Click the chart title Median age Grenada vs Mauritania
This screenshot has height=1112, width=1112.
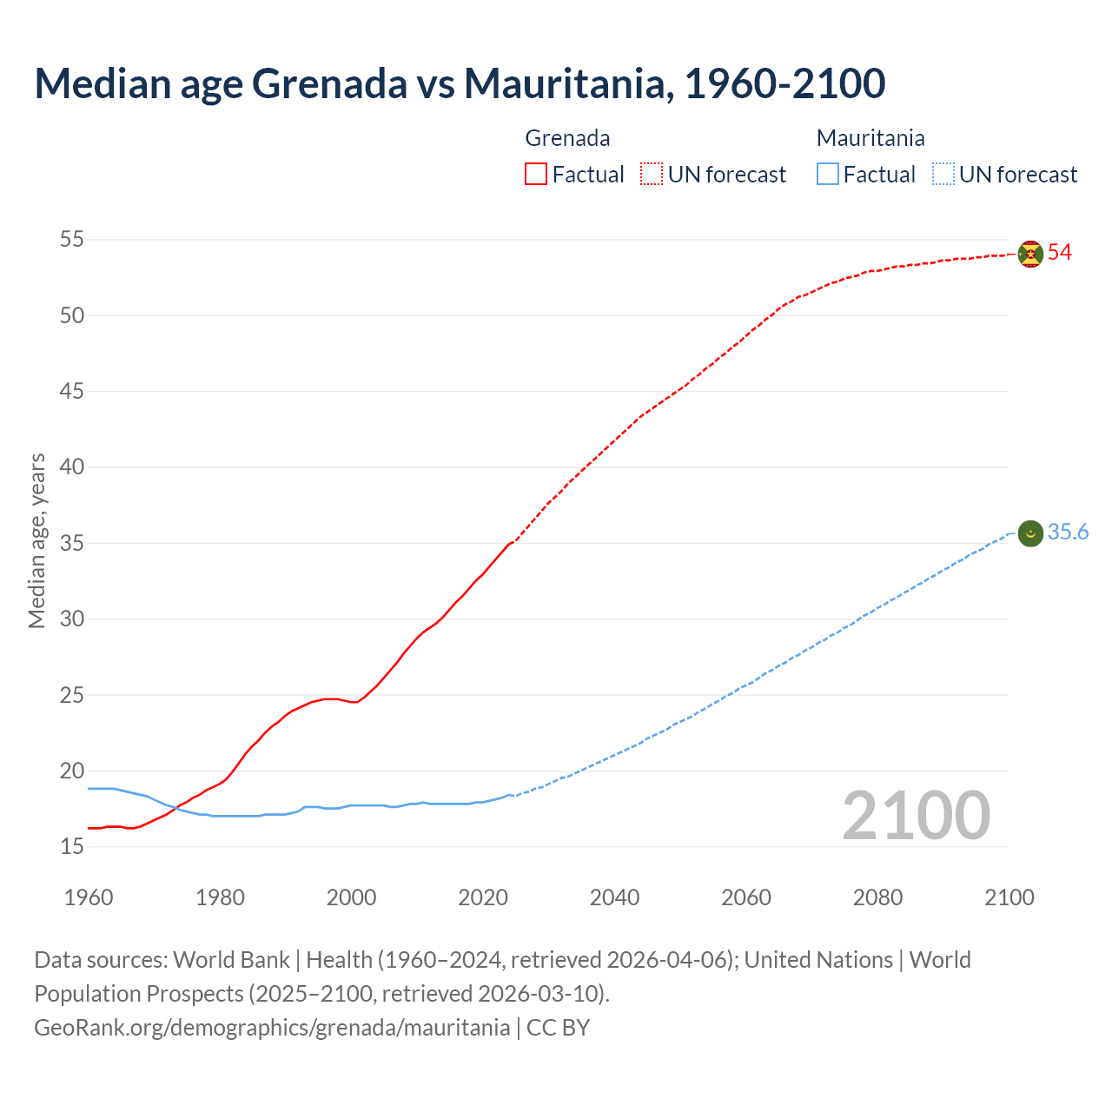pyautogui.click(x=460, y=83)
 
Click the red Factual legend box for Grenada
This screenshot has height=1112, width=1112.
pyautogui.click(x=536, y=174)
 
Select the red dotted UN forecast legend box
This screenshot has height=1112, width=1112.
pyautogui.click(x=652, y=174)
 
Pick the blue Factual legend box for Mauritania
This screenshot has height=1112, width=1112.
pyautogui.click(x=828, y=174)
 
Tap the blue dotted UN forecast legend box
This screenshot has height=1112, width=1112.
pyautogui.click(x=943, y=174)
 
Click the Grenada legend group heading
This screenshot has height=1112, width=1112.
pyautogui.click(x=567, y=138)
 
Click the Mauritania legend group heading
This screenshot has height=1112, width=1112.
pyautogui.click(x=870, y=138)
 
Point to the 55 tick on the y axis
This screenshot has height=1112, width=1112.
pyautogui.click(x=72, y=239)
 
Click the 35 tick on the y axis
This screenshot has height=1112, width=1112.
pyautogui.click(x=72, y=543)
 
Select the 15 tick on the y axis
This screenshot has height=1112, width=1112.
pyautogui.click(x=72, y=846)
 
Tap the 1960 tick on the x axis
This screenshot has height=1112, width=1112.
pyautogui.click(x=89, y=897)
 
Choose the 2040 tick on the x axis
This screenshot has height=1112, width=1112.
pyautogui.click(x=614, y=897)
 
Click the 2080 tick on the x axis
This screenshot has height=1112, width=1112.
pyautogui.click(x=877, y=897)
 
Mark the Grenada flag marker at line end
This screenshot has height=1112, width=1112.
pyautogui.click(x=1030, y=254)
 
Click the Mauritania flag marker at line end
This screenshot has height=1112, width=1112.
pyautogui.click(x=1030, y=533)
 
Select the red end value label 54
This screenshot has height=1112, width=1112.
pyautogui.click(x=1060, y=253)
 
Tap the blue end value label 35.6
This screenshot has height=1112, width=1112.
pyautogui.click(x=1068, y=533)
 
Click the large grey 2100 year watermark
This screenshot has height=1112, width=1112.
pyautogui.click(x=916, y=815)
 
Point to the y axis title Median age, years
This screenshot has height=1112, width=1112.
pyautogui.click(x=36, y=540)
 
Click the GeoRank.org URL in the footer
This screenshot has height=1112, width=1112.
pyautogui.click(x=272, y=1028)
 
